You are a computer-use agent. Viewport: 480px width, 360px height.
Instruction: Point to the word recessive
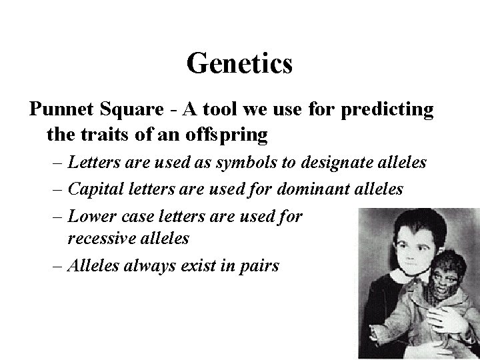coord(99,238)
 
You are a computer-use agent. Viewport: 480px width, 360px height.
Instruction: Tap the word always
coord(148,266)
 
